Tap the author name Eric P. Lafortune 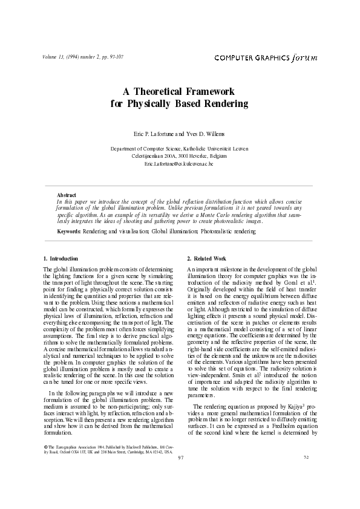point(155,132)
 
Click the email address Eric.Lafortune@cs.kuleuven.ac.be point(179,164)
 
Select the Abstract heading point(66,195)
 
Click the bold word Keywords point(68,232)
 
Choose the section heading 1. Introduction point(61,258)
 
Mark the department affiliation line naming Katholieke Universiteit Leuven point(179,148)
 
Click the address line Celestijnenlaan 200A point(179,156)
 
